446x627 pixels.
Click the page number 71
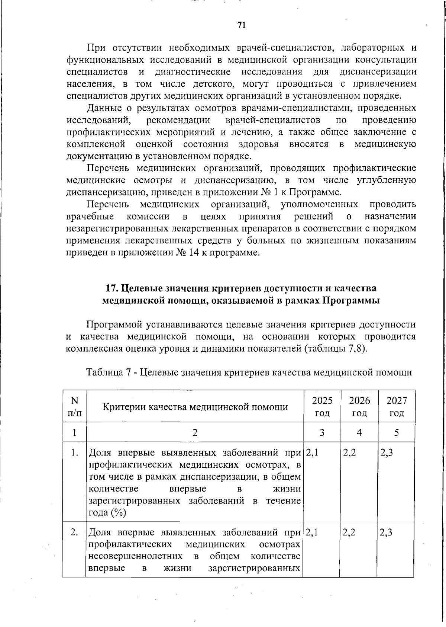[x=241, y=25]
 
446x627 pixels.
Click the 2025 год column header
[x=322, y=406]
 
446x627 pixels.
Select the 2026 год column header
[x=359, y=406]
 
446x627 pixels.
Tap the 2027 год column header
[x=397, y=406]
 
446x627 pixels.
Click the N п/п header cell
[x=74, y=406]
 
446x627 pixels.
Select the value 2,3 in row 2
[x=387, y=532]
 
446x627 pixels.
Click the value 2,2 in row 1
[x=349, y=453]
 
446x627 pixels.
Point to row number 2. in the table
[x=74, y=532]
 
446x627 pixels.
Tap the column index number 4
[x=359, y=432]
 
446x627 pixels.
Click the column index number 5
[x=397, y=432]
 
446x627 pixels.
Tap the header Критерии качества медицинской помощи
[x=195, y=407]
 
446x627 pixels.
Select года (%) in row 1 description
[x=107, y=513]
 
